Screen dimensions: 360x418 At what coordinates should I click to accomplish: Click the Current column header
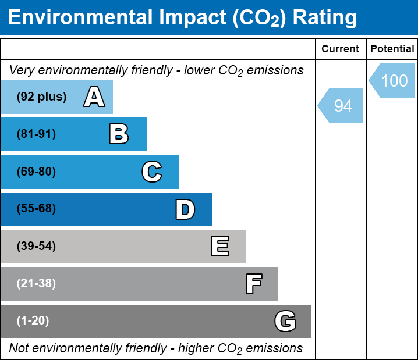click(x=341, y=49)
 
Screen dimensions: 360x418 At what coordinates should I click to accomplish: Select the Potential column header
click(x=392, y=49)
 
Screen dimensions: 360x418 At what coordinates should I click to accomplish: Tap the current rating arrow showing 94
click(x=342, y=106)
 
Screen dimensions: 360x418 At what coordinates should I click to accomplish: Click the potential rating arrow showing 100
click(x=393, y=80)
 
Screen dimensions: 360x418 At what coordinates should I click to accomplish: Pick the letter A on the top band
click(x=94, y=97)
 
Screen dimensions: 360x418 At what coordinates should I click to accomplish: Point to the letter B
click(x=119, y=134)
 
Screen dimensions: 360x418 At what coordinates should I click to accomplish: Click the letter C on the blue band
click(x=152, y=172)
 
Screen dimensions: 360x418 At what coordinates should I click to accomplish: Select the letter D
click(x=185, y=209)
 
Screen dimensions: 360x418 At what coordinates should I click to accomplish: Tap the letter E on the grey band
click(x=219, y=247)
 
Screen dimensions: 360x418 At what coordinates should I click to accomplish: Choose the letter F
click(x=253, y=284)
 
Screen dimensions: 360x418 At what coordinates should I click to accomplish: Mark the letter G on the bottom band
click(x=285, y=321)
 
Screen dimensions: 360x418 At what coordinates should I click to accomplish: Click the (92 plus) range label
click(x=41, y=97)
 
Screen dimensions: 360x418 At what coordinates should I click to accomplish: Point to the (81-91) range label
click(x=36, y=134)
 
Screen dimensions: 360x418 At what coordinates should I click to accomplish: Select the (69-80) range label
click(x=36, y=172)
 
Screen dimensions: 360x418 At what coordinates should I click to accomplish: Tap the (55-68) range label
click(x=36, y=209)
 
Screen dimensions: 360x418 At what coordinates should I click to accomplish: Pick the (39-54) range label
click(x=36, y=247)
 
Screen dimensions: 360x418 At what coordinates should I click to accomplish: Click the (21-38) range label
click(x=36, y=284)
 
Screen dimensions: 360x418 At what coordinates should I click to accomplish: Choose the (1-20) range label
click(x=33, y=321)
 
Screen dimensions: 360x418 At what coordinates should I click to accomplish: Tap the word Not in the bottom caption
click(x=19, y=348)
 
